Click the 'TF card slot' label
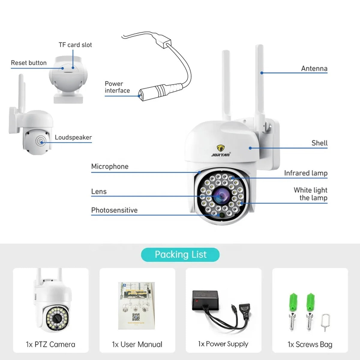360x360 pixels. coord(75,45)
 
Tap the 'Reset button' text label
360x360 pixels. coord(29,63)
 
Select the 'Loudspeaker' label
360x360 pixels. coord(73,137)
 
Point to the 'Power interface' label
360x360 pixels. coord(117,87)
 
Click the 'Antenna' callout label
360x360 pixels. coord(314,68)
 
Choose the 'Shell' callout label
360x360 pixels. coord(319,143)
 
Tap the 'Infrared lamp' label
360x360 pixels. coord(306,173)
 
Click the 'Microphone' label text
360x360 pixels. coord(110,166)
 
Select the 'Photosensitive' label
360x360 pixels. coord(114,210)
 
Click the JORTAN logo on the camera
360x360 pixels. coord(221,151)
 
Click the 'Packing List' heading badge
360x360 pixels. coord(180,255)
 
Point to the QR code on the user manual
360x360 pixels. coord(136,317)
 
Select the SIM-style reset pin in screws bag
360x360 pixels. coord(325,322)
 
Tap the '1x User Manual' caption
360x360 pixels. coord(137,344)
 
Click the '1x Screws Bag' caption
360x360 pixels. coord(310,344)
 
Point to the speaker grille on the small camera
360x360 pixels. coord(40,140)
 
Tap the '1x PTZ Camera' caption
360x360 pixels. coord(50,344)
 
